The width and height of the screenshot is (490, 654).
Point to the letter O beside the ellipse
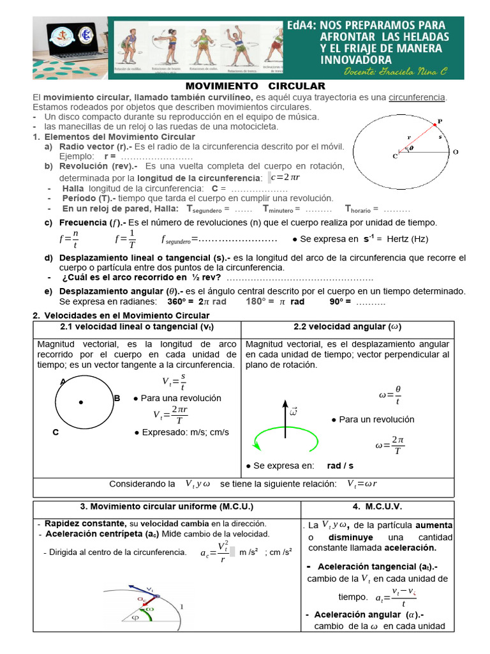coord(455,152)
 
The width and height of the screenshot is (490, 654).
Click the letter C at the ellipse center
coord(395,155)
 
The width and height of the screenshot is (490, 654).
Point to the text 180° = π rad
coord(275,301)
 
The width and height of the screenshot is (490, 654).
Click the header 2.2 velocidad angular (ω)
coord(347,326)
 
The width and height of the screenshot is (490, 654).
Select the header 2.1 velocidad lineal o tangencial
coord(137,326)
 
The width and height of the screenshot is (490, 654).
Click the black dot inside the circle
coord(81,402)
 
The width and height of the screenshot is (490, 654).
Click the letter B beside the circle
coord(117,399)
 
